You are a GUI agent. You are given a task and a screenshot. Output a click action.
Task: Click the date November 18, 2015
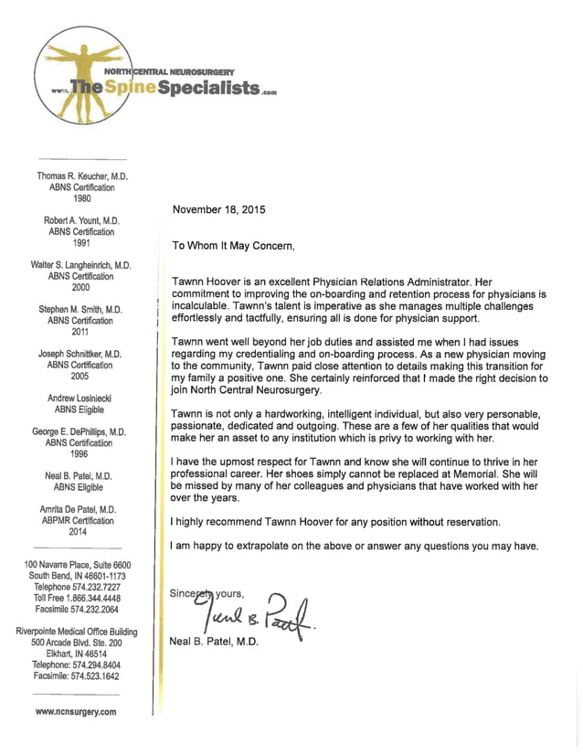pos(218,209)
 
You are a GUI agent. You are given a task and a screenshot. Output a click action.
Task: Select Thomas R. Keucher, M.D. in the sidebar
pos(81,175)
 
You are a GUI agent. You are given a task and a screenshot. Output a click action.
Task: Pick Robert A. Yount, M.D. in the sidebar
pos(81,221)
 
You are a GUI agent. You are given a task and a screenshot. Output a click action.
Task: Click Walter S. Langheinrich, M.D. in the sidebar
pos(81,265)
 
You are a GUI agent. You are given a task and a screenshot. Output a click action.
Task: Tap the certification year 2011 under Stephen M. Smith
pos(81,332)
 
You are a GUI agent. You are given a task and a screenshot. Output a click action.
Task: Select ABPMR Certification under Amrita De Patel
pos(81,520)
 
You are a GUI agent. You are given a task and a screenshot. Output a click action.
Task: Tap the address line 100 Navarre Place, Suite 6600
pos(81,565)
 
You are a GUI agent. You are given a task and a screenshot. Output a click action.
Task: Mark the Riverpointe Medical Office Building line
pos(81,632)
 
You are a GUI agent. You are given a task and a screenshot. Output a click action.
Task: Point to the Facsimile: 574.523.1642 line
pos(81,675)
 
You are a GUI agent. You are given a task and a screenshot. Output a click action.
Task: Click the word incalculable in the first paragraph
pos(207,307)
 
